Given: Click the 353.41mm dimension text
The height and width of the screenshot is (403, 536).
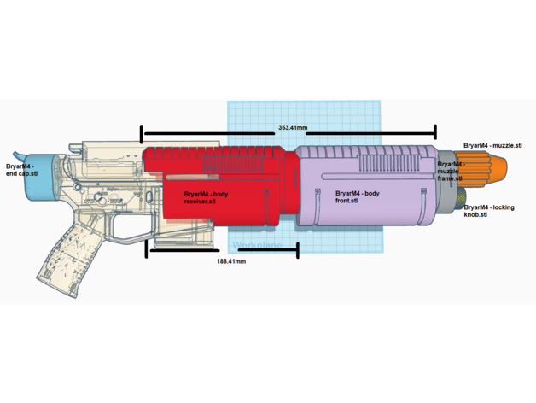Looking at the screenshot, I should (293, 127).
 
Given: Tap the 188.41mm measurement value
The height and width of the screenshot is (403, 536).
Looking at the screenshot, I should (231, 261).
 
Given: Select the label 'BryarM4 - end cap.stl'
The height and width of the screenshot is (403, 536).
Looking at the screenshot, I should (22, 170).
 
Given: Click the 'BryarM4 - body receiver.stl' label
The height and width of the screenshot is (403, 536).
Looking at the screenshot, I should (206, 198).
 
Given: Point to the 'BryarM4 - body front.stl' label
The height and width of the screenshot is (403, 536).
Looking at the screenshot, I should (358, 196).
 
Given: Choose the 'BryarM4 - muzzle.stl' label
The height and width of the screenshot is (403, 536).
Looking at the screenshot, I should (492, 146).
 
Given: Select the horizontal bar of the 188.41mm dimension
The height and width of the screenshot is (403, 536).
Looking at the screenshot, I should (222, 251).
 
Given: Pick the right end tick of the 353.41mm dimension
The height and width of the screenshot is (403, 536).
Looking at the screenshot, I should (435, 132).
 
